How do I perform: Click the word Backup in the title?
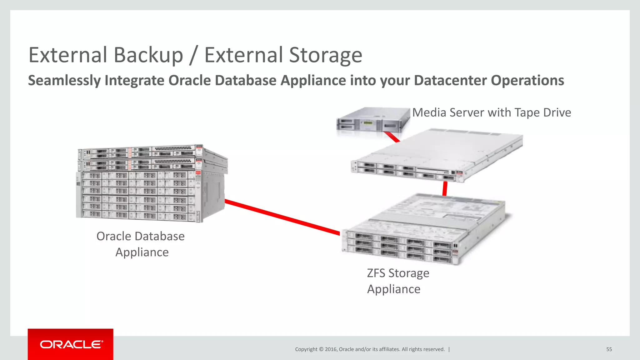coord(148,56)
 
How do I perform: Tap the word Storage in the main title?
coord(325,56)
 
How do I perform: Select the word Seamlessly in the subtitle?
coord(64,81)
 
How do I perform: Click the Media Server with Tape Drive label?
coord(491,112)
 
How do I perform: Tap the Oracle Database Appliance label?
coord(141,244)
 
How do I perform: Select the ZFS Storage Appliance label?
coord(398,281)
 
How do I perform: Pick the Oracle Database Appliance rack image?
coord(152,184)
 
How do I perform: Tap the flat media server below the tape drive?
coord(437,155)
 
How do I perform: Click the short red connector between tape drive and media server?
coord(392,137)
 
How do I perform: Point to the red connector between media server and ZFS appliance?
coord(445,188)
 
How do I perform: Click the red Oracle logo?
coord(71,344)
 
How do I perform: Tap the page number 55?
coord(609,349)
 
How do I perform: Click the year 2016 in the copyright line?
coord(331,349)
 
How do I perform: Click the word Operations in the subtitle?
coord(527,80)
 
